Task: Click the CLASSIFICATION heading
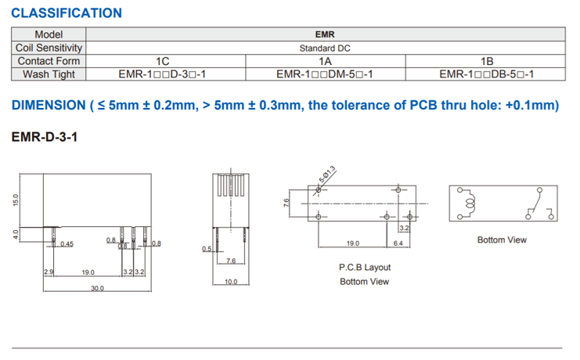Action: (67, 13)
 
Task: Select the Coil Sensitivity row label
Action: (49, 48)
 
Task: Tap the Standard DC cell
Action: (325, 48)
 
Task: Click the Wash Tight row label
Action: (49, 74)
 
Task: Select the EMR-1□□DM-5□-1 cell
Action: (324, 74)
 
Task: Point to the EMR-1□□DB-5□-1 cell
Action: (486, 74)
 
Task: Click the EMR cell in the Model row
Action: (325, 34)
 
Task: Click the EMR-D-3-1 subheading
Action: (44, 137)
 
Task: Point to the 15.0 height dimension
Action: (15, 200)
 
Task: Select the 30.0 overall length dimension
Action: (97, 288)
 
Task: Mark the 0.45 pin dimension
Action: (67, 244)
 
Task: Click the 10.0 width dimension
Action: (230, 282)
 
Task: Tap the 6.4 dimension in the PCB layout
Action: (398, 243)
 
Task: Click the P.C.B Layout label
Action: (364, 267)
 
